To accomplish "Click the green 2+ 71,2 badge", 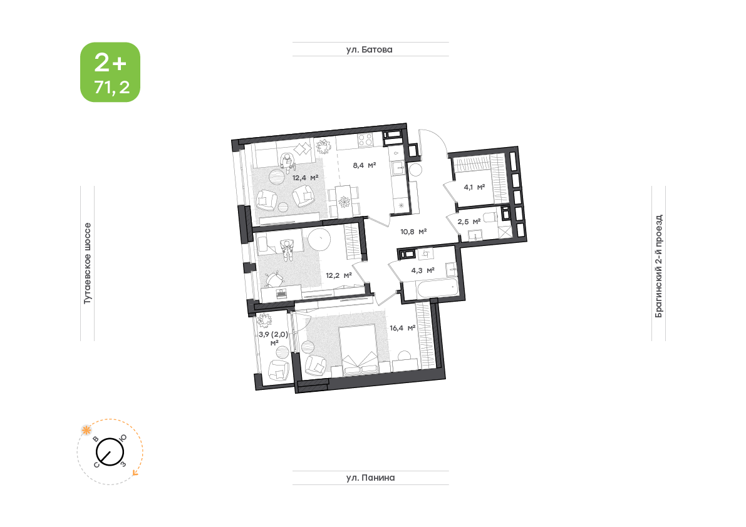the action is [x=110, y=72].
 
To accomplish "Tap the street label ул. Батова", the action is [x=369, y=49].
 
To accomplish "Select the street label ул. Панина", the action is [x=370, y=478].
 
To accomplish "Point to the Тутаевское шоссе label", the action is [x=87, y=263].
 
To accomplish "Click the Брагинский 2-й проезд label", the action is [x=658, y=266].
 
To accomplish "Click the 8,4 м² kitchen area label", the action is [x=365, y=165].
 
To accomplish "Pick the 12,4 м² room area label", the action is [x=306, y=178].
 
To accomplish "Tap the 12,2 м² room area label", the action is [x=339, y=275].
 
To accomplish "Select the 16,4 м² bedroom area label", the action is [x=403, y=328].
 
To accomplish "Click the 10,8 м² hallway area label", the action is [x=413, y=232].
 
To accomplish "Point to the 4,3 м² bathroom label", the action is [x=423, y=270].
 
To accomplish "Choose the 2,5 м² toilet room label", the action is [x=469, y=222].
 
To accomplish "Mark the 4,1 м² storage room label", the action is [x=474, y=187].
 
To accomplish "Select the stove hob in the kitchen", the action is [x=365, y=140].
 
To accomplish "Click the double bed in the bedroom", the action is [x=360, y=350].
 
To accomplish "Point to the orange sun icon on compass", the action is [x=86, y=430].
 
